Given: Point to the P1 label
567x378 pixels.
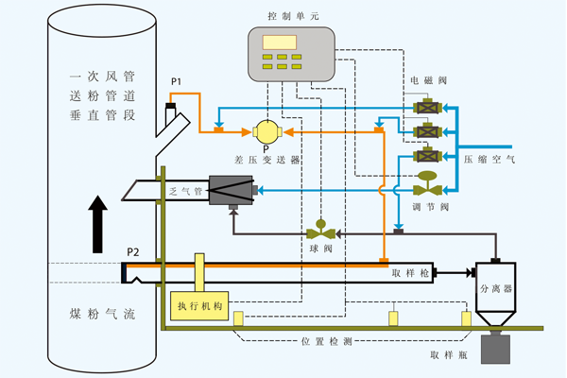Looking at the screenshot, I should (176, 84).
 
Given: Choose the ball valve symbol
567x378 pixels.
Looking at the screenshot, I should (320, 232).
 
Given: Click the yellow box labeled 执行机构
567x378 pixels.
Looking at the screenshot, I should (198, 304).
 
